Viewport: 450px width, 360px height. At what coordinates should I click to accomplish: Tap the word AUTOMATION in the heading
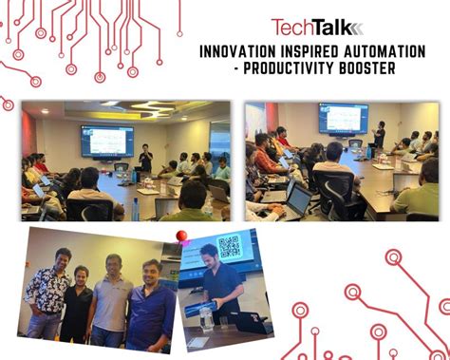tap(384, 52)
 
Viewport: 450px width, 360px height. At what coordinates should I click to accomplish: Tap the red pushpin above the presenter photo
tap(181, 236)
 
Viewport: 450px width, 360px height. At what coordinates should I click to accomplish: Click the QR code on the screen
tap(230, 247)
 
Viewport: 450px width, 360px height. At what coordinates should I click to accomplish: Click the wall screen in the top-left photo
tap(106, 140)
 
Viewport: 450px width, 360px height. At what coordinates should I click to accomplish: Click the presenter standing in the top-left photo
tap(145, 161)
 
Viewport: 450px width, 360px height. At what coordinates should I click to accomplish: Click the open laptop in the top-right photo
tap(296, 198)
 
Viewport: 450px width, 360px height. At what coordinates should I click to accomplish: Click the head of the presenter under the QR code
tap(207, 255)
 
